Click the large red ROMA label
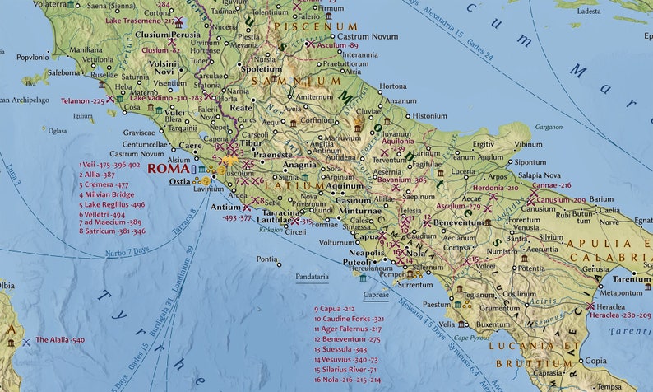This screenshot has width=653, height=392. click(168, 168)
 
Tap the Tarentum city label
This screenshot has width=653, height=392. click(632, 279)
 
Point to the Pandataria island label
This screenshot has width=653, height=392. click(312, 278)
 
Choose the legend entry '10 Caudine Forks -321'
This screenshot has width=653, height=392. click(350, 318)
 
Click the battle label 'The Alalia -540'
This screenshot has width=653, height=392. click(59, 339)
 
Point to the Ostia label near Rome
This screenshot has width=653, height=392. click(179, 181)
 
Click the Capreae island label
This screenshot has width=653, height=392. click(375, 293)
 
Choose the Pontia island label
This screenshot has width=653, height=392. click(266, 259)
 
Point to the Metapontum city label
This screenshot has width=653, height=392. click(621, 292)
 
